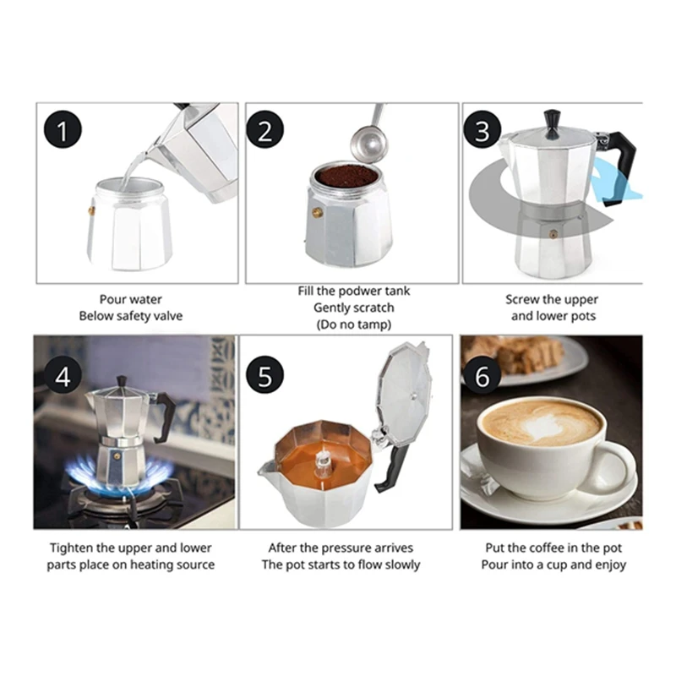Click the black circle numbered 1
tap(63, 129)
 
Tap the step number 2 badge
tap(265, 129)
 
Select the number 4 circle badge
tap(63, 376)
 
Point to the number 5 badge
tap(265, 374)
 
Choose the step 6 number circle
tap(482, 376)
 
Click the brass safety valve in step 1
tap(91, 210)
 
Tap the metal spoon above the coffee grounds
tap(368, 137)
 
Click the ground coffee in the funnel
tap(346, 176)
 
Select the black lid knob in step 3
tap(553, 124)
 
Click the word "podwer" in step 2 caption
tap(361, 292)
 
